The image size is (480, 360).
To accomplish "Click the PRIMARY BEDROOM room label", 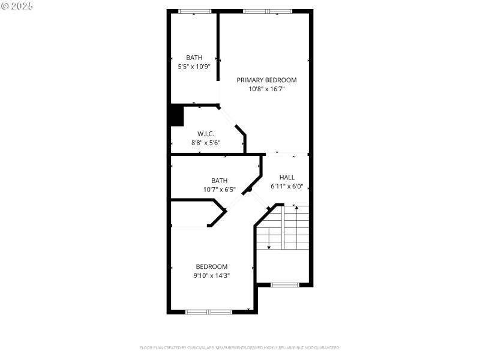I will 266,80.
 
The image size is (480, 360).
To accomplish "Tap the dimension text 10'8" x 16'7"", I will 266,89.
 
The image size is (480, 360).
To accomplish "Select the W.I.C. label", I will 206,134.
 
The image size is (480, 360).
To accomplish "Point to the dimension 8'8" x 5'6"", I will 206,143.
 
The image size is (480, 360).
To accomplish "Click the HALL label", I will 287,178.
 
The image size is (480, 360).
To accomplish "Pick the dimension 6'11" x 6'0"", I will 287,187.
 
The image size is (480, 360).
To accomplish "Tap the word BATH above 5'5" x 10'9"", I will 194,58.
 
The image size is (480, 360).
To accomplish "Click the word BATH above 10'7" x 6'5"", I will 219,181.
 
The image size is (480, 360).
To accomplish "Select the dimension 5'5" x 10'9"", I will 194,67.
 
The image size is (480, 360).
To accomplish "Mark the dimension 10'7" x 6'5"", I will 219,190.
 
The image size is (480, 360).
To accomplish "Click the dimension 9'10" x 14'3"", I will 212,275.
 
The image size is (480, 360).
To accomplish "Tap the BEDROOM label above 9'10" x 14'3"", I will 212,266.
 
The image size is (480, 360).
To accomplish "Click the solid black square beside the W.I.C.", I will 176,115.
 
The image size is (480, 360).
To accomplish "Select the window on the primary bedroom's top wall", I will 267,11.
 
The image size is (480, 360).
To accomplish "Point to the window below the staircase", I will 285,284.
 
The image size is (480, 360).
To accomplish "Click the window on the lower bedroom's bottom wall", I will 208,311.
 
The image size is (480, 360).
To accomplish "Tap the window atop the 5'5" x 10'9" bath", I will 194,11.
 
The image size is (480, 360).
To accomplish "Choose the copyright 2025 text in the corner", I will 17,5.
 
